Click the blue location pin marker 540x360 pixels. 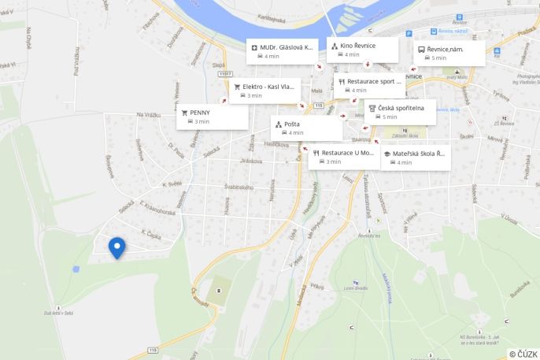[x=117, y=247]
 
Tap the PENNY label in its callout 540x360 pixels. [x=200, y=113]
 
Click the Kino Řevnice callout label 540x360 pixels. [x=357, y=46]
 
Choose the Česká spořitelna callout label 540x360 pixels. [x=401, y=107]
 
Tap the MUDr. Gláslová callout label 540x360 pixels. [x=287, y=47]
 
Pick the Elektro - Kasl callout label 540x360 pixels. [x=268, y=87]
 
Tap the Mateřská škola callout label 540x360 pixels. [x=420, y=153]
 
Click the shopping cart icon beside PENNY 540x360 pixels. [x=185, y=113]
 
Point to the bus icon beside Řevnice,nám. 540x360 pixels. [x=421, y=49]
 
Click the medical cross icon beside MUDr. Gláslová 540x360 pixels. [x=254, y=47]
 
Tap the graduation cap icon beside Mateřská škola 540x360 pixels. [x=387, y=153]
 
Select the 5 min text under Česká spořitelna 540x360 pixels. [x=390, y=117]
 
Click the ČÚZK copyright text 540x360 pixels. [x=523, y=354]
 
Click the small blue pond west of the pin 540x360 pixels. [x=76, y=269]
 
